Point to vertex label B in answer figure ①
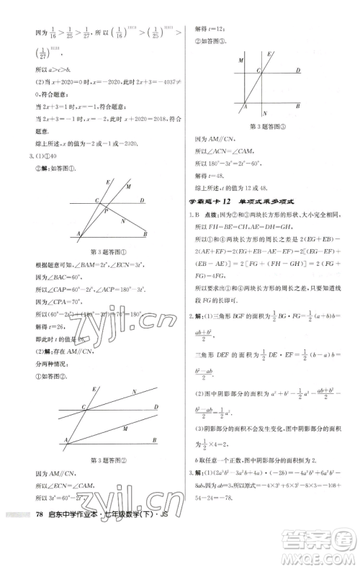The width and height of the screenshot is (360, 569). (x=145, y=234)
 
